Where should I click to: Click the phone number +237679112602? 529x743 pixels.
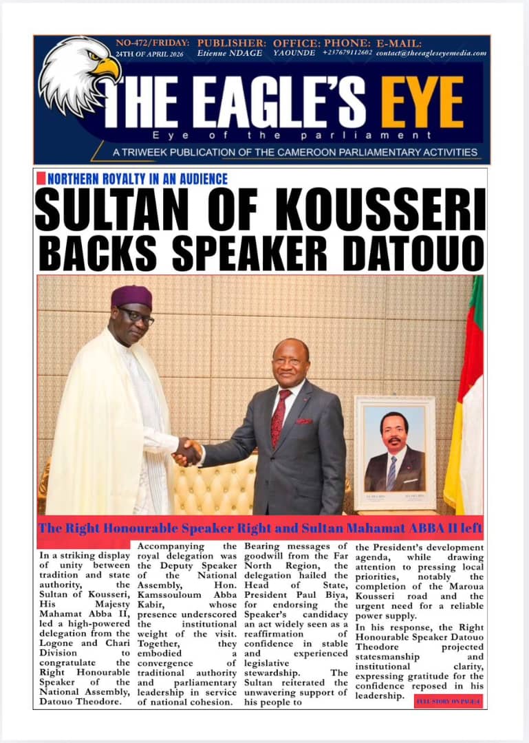(x=347, y=53)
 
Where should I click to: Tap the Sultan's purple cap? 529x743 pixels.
(x=131, y=297)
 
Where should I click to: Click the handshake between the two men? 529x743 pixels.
(x=186, y=452)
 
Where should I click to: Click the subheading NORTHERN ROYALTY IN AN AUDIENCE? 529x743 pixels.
(x=138, y=179)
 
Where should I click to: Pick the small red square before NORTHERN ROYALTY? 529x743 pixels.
(x=41, y=178)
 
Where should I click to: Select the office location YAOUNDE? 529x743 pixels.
(x=294, y=53)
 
